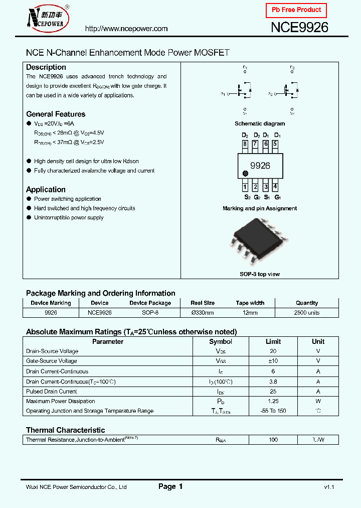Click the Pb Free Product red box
click(296, 10)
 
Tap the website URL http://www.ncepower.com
click(126, 29)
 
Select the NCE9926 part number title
click(299, 28)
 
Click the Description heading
click(46, 67)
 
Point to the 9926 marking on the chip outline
click(260, 166)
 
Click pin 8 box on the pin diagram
click(245, 145)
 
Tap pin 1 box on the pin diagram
click(245, 187)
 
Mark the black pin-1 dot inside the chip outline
click(245, 174)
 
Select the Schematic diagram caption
click(260, 123)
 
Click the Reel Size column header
click(203, 303)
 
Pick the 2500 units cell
click(307, 313)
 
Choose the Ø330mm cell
click(203, 313)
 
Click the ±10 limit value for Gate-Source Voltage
click(273, 361)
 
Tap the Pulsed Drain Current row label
click(52, 392)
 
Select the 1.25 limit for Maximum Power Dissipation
click(273, 401)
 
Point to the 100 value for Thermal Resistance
click(273, 440)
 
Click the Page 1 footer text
click(170, 486)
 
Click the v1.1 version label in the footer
click(329, 487)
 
